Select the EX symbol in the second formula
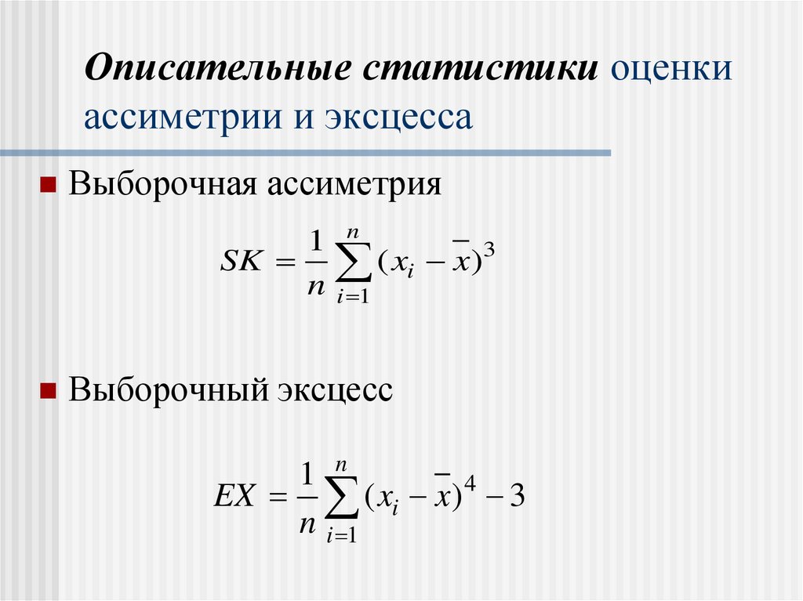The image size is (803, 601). click(233, 498)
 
